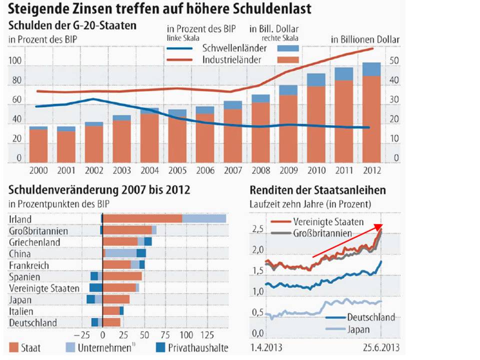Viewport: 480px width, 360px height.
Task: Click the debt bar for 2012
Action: pyautogui.click(x=371, y=112)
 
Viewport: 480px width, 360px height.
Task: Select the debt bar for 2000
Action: pyautogui.click(x=38, y=145)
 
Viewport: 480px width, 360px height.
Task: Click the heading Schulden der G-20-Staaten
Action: pyautogui.click(x=73, y=25)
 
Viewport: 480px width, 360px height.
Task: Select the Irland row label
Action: pyautogui.click(x=20, y=219)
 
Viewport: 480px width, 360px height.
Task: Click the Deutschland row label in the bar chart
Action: pyautogui.click(x=33, y=323)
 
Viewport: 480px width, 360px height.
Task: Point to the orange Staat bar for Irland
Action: pyautogui.click(x=142, y=218)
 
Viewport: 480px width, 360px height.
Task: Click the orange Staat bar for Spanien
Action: pyautogui.click(x=122, y=276)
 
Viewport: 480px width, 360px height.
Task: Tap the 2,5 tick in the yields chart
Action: pyautogui.click(x=257, y=229)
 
